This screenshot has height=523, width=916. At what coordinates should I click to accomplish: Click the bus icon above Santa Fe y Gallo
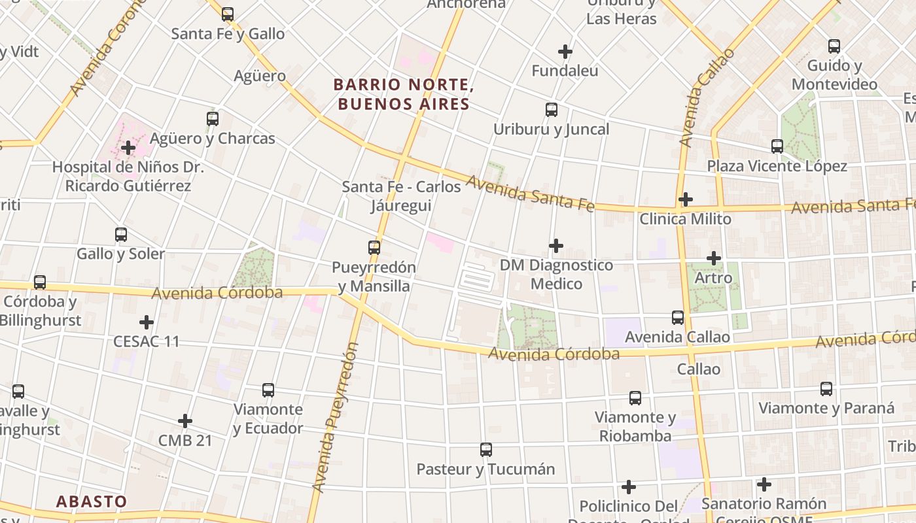228,14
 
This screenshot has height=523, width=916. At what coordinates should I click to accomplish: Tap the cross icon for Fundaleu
565,51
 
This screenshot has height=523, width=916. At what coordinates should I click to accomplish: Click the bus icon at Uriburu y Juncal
552,109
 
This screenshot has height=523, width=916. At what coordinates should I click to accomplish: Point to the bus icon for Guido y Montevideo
834,46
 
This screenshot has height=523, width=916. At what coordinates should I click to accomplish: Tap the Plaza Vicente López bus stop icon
777,146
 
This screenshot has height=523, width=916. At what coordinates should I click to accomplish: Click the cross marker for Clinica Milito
686,199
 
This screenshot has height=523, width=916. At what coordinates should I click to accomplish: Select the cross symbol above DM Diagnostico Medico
556,245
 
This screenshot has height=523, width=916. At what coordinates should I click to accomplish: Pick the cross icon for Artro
714,258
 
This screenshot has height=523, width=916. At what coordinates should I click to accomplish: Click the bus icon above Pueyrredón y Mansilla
374,247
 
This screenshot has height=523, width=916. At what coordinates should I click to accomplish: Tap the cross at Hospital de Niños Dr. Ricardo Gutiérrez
128,147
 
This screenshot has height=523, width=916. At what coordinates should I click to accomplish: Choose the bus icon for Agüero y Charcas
213,118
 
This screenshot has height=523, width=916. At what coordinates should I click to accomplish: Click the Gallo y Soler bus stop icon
121,234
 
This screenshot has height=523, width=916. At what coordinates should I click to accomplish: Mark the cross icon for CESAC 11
147,322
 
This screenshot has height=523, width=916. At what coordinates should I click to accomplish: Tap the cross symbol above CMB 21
185,420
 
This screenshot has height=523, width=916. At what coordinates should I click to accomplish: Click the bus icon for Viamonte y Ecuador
268,390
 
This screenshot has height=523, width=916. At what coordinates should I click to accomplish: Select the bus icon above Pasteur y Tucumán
486,449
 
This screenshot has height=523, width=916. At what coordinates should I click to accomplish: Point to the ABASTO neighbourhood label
92,501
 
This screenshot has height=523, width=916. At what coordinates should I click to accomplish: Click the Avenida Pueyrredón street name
336,418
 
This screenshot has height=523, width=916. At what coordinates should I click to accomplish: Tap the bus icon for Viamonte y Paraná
826,388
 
